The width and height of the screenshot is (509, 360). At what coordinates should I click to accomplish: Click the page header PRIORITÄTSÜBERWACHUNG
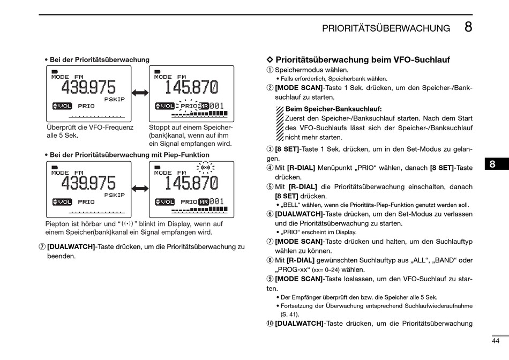click(x=386, y=28)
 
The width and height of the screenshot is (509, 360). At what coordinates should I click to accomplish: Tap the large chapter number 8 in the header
click(x=468, y=27)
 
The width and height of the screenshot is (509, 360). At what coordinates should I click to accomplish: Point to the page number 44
click(x=496, y=341)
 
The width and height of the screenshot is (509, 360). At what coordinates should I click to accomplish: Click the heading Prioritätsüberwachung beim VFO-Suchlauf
click(x=362, y=60)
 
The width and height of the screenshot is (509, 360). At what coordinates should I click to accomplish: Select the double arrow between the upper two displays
click(x=140, y=93)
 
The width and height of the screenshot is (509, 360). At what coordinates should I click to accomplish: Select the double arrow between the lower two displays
click(x=140, y=189)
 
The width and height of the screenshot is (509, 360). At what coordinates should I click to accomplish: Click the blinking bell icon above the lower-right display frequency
click(x=205, y=168)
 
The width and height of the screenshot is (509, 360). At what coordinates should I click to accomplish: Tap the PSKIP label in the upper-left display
click(x=114, y=99)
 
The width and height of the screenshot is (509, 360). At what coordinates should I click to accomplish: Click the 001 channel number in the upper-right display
click(x=216, y=106)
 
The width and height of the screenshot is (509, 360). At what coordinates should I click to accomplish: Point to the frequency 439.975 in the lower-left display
click(x=88, y=183)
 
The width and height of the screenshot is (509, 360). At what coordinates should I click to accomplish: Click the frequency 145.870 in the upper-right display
click(x=191, y=87)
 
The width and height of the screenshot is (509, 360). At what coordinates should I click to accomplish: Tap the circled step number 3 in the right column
click(x=270, y=149)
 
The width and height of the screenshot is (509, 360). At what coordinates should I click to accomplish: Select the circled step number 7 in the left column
click(x=42, y=247)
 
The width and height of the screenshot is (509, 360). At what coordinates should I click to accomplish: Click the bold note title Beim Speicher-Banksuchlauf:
click(x=333, y=109)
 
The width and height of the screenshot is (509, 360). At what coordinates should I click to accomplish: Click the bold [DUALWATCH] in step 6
click(x=299, y=213)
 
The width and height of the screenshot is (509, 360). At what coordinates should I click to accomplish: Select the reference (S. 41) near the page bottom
click(x=290, y=314)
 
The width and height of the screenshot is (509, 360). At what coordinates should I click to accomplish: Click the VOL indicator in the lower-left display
click(x=62, y=202)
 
